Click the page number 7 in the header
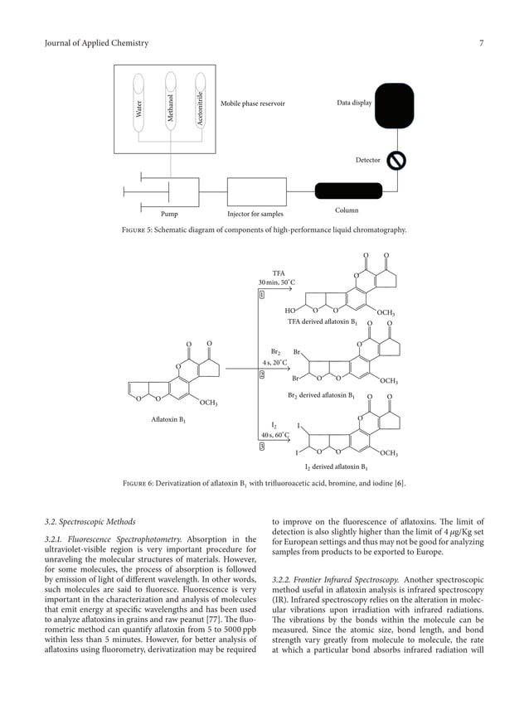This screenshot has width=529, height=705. click(x=481, y=43)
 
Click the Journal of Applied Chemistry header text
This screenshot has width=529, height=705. click(x=96, y=43)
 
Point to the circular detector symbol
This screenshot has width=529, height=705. click(x=396, y=160)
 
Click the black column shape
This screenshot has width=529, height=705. click(x=345, y=193)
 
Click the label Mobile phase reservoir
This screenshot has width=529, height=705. click(x=253, y=104)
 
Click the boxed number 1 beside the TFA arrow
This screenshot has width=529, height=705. click(x=262, y=294)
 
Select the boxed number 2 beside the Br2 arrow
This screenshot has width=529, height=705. click(x=262, y=374)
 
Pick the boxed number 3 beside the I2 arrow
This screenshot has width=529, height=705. click(x=262, y=447)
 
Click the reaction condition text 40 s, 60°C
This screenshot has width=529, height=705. click(x=274, y=434)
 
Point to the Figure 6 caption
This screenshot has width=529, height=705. click(x=264, y=482)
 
